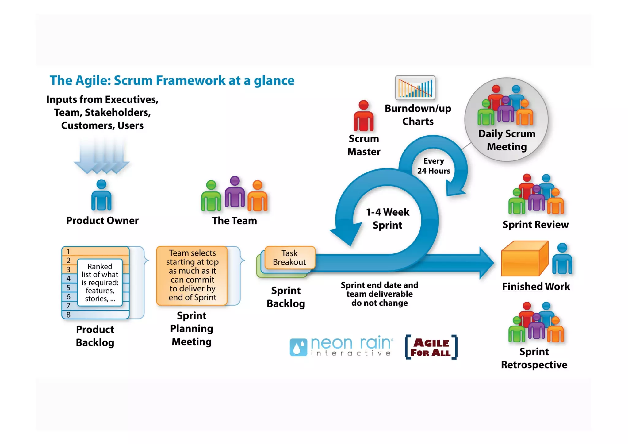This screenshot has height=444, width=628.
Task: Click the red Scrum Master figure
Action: click(363, 117)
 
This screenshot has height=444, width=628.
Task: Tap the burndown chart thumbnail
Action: click(415, 88)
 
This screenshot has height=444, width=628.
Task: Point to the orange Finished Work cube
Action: click(524, 259)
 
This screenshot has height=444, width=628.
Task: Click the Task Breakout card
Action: click(289, 257)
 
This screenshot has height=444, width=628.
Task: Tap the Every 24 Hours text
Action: click(433, 166)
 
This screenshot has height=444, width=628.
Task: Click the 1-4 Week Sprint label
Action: click(387, 218)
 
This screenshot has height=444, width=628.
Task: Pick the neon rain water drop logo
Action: click(298, 347)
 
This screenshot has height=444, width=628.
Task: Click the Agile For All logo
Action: click(431, 347)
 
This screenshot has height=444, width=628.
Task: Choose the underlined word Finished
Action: click(522, 286)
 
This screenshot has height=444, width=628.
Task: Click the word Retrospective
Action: click(534, 365)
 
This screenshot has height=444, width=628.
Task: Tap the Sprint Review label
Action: click(535, 225)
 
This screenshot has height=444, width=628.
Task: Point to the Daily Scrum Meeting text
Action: click(507, 140)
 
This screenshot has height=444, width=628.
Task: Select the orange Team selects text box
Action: click(192, 275)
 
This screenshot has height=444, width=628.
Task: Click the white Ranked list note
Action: click(100, 282)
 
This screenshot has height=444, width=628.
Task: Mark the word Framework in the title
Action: click(190, 80)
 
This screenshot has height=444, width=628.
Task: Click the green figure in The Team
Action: click(211, 197)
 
